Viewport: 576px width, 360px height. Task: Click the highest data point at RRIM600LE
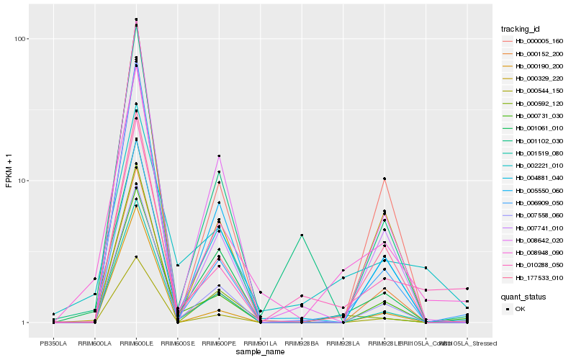136,19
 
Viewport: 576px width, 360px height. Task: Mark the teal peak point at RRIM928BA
302,235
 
